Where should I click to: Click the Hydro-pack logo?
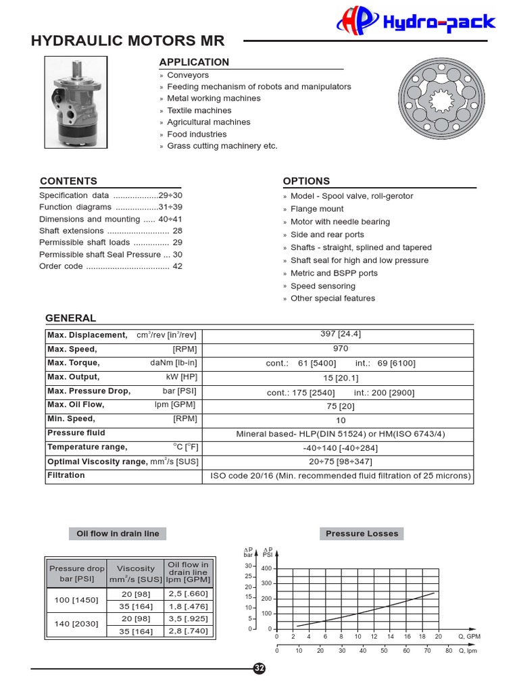(416, 22)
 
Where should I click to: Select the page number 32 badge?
(259, 668)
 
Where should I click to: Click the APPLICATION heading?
(194, 62)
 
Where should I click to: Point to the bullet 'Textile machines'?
(199, 110)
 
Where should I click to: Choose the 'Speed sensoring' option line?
(322, 286)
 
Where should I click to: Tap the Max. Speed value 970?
(341, 349)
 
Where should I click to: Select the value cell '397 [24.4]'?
(341, 335)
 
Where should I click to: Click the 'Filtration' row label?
(66, 475)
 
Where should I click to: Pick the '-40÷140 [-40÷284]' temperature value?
(341, 447)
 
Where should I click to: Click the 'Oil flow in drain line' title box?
(118, 533)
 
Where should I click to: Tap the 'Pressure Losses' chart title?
(362, 533)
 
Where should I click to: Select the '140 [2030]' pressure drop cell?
(76, 624)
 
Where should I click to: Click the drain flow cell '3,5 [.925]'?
(189, 618)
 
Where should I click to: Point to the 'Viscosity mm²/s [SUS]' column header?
(136, 574)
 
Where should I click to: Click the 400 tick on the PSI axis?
(266, 568)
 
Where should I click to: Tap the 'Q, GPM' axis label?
(469, 637)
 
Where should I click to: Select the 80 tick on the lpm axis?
(449, 651)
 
